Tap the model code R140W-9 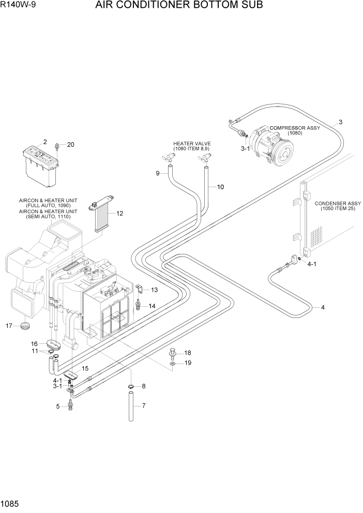coord(19,6)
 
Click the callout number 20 coord(71,144)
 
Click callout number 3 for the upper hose coord(341,123)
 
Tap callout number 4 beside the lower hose coord(323,308)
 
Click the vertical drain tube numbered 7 coord(132,409)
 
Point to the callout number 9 coord(158,173)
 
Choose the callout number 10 coord(220,187)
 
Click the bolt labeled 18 coord(173,354)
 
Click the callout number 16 coord(34,343)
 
